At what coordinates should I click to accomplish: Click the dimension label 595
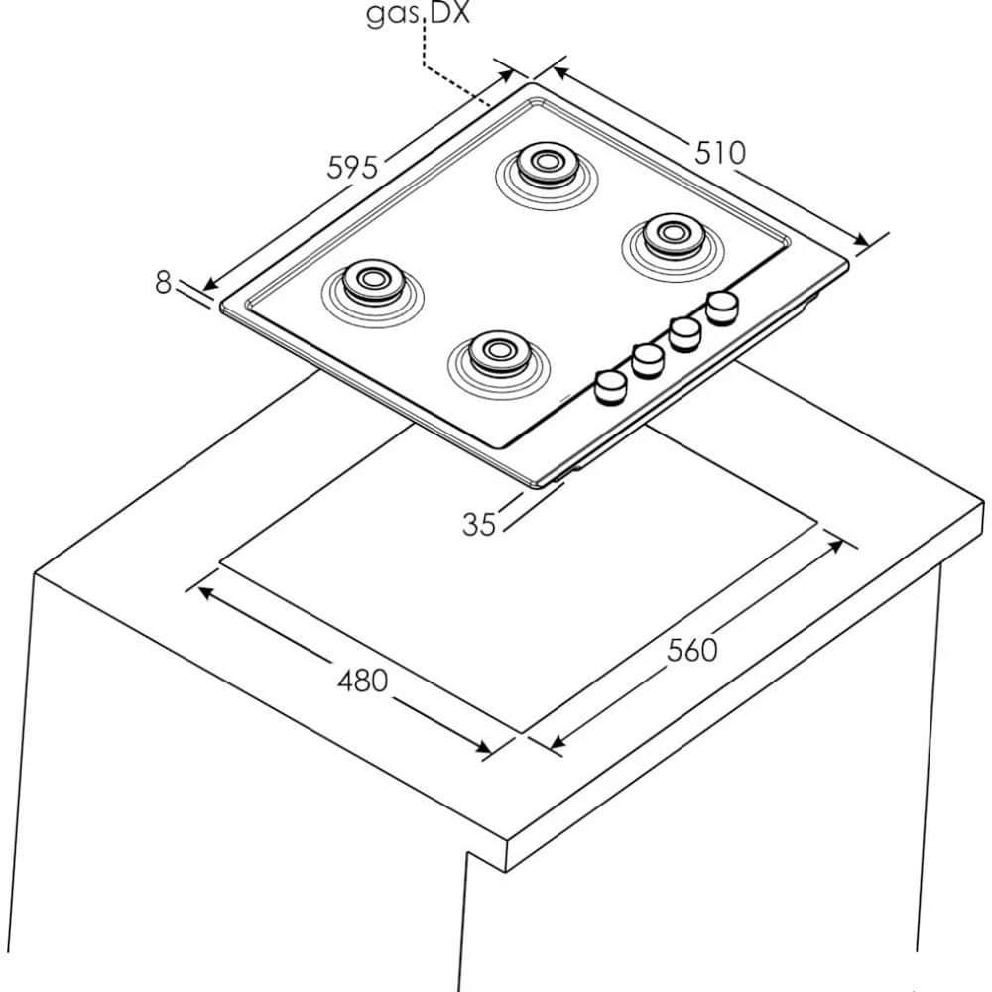click(x=353, y=168)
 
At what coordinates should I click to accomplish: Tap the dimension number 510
click(x=719, y=153)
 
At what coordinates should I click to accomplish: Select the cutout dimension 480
click(x=362, y=682)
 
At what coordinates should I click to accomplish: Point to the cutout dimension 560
click(x=691, y=650)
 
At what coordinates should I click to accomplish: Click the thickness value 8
click(x=164, y=283)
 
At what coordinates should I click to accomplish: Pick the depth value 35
click(x=479, y=524)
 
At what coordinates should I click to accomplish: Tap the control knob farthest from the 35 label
click(x=723, y=306)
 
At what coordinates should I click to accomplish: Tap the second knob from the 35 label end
click(x=647, y=360)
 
